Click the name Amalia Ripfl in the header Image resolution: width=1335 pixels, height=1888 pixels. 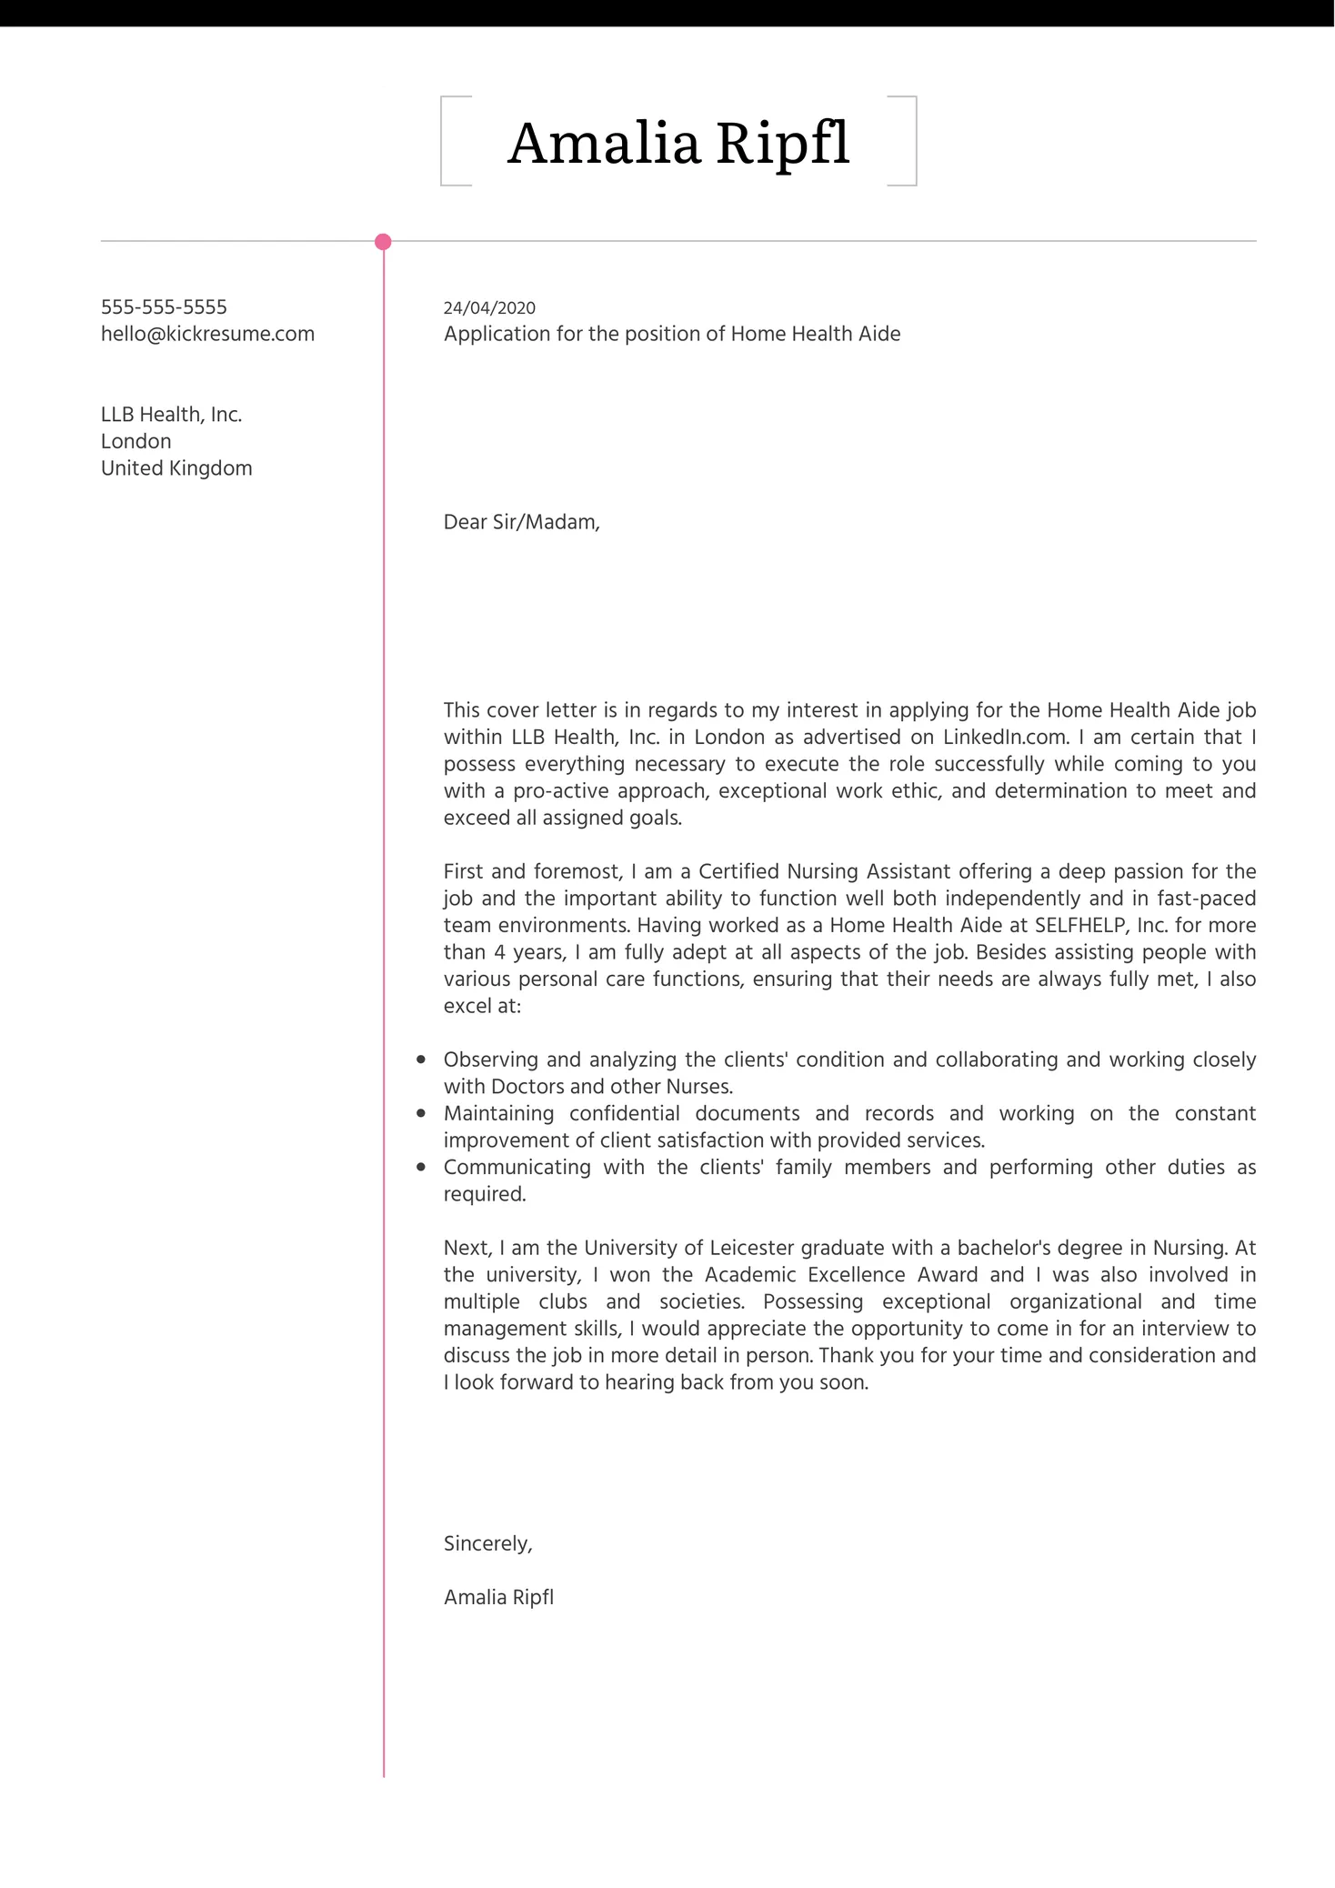click(x=678, y=143)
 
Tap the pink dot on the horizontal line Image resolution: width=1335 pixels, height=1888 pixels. click(x=383, y=242)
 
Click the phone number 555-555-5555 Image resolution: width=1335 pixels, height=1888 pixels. click(x=164, y=307)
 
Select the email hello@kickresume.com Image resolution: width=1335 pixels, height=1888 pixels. click(x=207, y=334)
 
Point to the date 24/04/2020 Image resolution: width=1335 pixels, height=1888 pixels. click(x=489, y=308)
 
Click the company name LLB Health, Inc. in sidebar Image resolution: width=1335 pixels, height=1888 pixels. click(x=171, y=415)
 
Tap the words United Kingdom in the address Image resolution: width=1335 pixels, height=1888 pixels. click(x=176, y=468)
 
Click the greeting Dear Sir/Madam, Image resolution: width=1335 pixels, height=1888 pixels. click(x=521, y=522)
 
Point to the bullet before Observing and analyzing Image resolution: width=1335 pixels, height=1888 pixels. click(x=421, y=1059)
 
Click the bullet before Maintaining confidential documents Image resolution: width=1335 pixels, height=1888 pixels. click(x=421, y=1113)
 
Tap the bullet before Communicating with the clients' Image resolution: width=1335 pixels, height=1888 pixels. click(x=421, y=1167)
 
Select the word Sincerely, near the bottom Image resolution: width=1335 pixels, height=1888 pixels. click(x=487, y=1543)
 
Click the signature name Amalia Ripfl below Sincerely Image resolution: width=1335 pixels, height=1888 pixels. click(x=498, y=1597)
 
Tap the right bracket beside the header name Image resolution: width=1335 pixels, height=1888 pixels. click(x=913, y=141)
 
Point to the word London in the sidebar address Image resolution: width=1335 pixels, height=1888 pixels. click(x=136, y=442)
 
